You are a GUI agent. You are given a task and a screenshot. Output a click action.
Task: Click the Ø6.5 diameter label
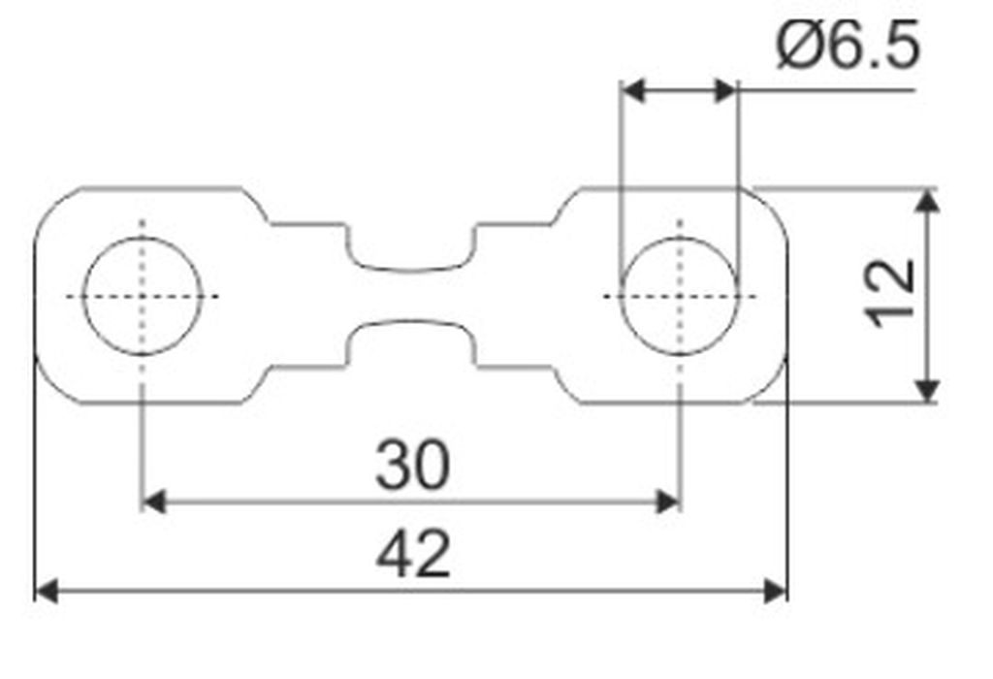click(848, 47)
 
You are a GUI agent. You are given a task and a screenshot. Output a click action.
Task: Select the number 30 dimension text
click(413, 466)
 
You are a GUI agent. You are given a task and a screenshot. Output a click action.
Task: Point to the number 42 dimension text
click(413, 554)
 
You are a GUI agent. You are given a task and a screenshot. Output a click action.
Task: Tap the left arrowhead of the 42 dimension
click(46, 592)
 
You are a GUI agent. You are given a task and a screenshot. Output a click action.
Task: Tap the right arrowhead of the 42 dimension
click(775, 592)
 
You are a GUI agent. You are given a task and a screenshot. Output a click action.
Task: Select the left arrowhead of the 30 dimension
click(153, 501)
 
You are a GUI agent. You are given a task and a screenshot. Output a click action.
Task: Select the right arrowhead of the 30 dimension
click(669, 501)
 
